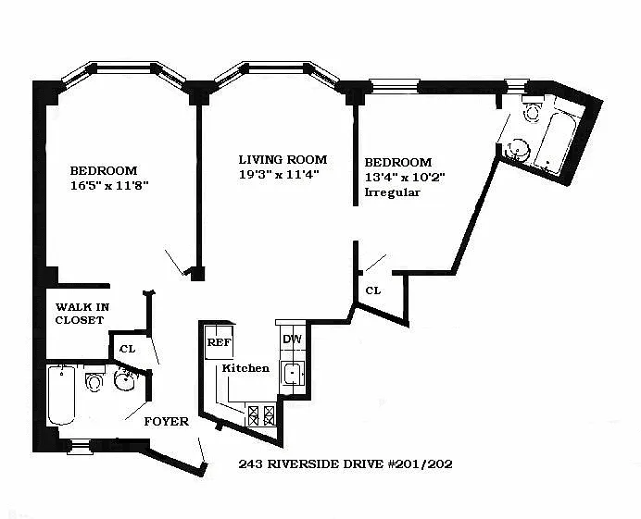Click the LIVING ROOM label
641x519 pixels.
click(x=283, y=159)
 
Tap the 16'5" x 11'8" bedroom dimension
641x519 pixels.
click(x=109, y=186)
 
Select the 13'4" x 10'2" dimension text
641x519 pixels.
click(x=404, y=178)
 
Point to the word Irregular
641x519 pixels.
click(x=392, y=192)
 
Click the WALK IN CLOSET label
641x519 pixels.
click(x=82, y=314)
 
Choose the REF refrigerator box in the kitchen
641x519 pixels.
click(x=220, y=341)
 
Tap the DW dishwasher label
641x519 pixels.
click(x=292, y=339)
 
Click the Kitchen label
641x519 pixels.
click(x=245, y=368)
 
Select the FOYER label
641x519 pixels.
click(x=167, y=421)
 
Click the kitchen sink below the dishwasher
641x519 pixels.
click(x=293, y=373)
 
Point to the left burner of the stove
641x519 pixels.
click(x=254, y=415)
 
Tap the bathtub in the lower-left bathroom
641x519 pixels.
click(x=61, y=395)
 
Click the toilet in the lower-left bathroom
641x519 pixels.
click(x=94, y=379)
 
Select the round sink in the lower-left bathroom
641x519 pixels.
click(x=125, y=378)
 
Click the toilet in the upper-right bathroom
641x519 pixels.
click(x=533, y=108)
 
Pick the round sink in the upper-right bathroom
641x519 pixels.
click(x=518, y=150)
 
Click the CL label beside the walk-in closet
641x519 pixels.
click(x=127, y=349)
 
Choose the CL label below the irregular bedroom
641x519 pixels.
click(x=372, y=290)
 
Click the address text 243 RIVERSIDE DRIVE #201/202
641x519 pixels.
click(x=346, y=463)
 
